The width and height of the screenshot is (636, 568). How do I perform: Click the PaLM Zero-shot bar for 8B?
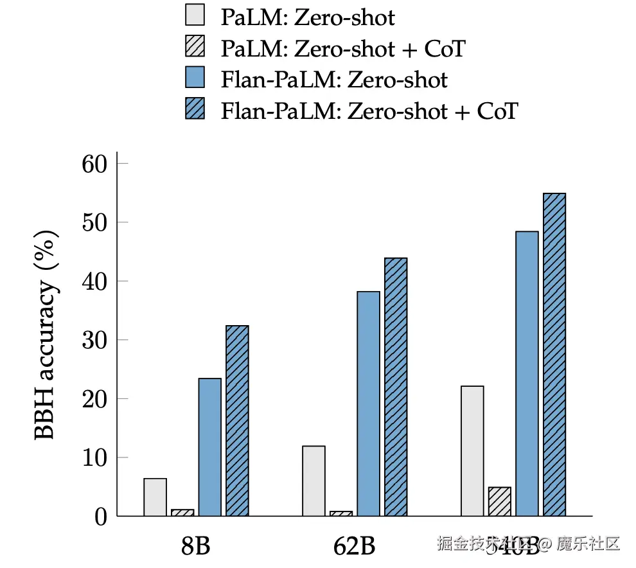[155, 497]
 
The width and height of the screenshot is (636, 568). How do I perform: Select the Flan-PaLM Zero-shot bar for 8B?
[209, 447]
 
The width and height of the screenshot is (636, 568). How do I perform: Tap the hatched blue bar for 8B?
[237, 421]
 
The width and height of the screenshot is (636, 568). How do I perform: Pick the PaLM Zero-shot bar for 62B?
[314, 481]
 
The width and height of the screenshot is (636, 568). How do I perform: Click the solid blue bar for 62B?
[368, 404]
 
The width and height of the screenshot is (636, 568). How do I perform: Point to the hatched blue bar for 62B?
[396, 387]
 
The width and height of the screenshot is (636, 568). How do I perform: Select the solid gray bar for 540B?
[472, 451]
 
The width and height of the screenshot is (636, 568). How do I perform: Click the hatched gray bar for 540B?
[499, 502]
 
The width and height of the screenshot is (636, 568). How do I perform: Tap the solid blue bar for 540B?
[527, 373]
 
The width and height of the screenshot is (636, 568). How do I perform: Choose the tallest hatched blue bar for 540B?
[554, 355]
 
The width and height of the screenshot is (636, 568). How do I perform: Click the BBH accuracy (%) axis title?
[46, 334]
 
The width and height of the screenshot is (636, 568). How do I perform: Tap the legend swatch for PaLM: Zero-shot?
[194, 16]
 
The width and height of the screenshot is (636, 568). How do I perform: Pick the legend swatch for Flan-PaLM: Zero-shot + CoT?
[194, 111]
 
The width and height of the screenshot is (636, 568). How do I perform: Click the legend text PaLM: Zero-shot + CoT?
[342, 48]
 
